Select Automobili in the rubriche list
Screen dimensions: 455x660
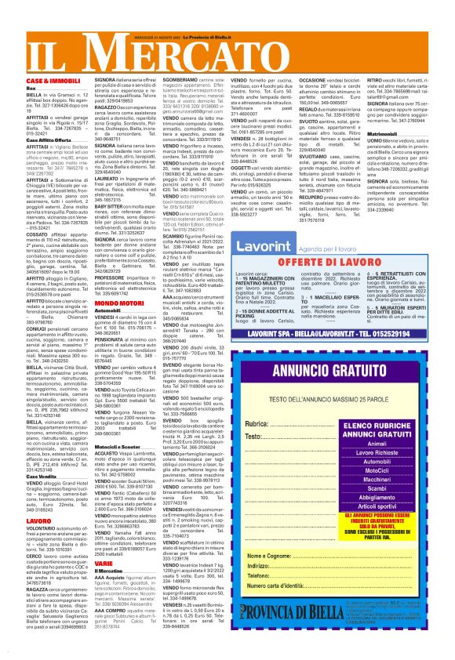387,465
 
